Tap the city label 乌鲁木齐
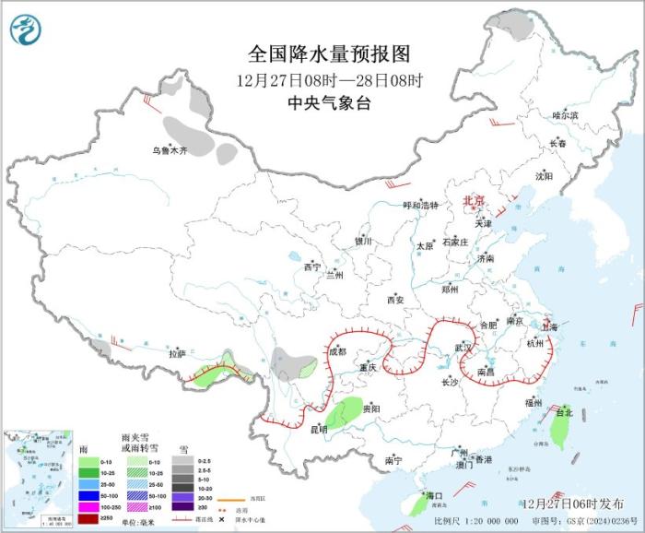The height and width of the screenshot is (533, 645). tap(170, 150)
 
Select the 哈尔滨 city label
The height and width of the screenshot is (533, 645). tap(565, 115)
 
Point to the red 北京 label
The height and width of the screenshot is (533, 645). tap(472, 200)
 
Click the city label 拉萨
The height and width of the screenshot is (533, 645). tap(177, 353)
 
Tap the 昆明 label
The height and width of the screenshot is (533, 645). tap(318, 429)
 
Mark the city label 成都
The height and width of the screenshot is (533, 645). tap(337, 351)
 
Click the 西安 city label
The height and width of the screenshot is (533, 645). tap(395, 300)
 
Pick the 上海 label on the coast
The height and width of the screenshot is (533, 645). tap(550, 326)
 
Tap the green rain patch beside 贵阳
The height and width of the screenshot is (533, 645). tap(344, 414)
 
